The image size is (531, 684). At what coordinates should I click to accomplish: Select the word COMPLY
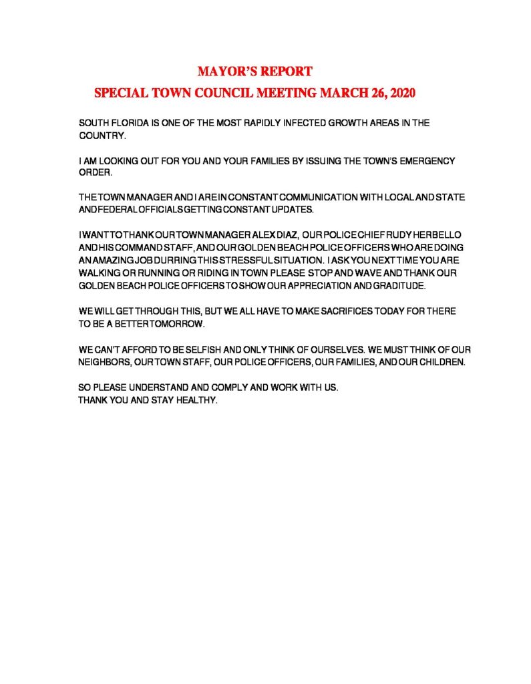pyautogui.click(x=222, y=387)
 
